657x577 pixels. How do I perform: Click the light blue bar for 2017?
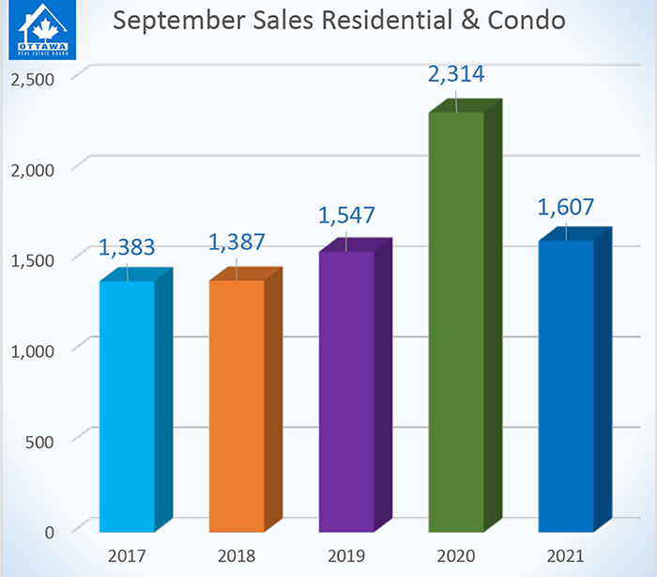tap(127, 404)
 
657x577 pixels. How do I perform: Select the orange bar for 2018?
tap(237, 404)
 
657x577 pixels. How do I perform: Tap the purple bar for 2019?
tap(346, 390)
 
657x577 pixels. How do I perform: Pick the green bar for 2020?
tap(456, 320)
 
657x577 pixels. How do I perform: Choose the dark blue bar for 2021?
tap(566, 385)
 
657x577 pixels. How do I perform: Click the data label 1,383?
tap(128, 249)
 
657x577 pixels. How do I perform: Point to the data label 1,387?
tap(237, 242)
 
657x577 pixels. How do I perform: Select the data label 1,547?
tap(347, 214)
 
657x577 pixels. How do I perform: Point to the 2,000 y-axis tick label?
tap(32, 169)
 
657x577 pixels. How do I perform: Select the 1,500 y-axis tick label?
tap(32, 259)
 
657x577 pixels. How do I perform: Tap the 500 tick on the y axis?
tap(40, 441)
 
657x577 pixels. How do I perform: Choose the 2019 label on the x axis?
tap(346, 554)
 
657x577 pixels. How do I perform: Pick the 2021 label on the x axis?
tap(566, 554)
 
